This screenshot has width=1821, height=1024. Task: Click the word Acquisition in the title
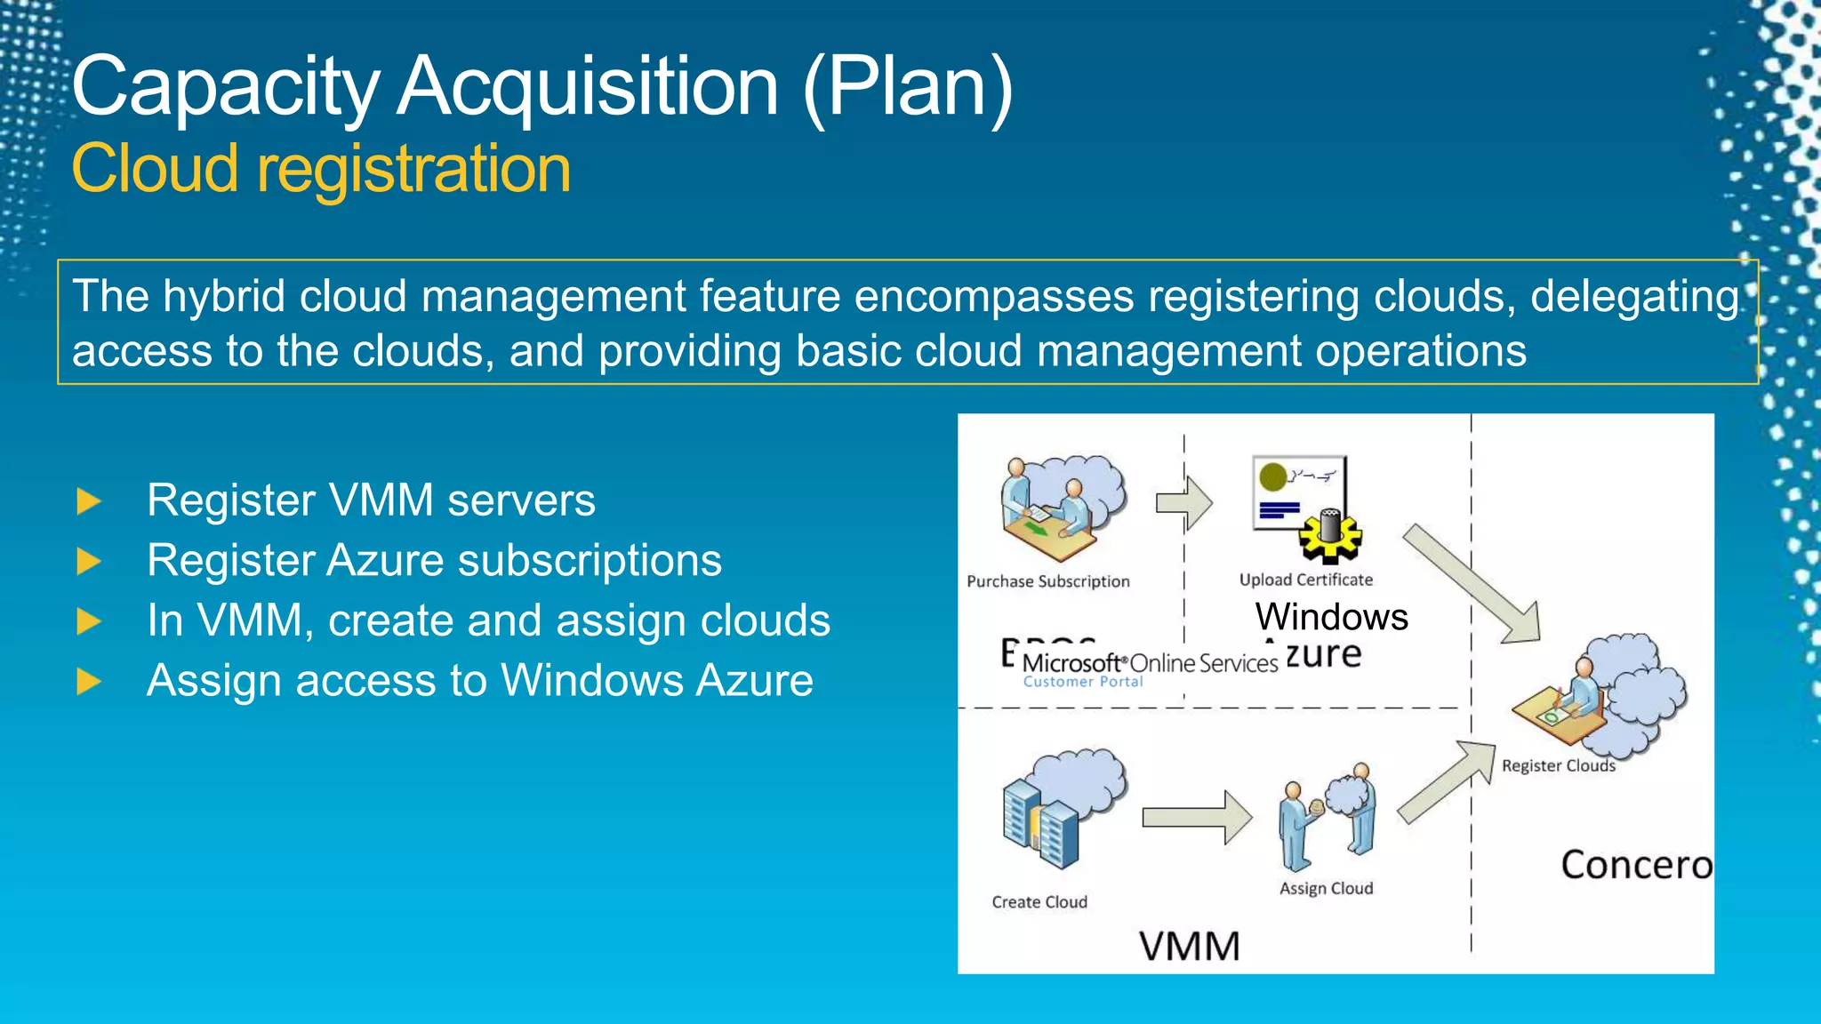tap(587, 86)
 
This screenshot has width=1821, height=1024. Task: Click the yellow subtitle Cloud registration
tap(321, 169)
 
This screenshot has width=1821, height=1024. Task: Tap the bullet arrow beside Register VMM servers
tap(89, 501)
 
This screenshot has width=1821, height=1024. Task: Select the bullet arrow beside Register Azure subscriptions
tap(89, 562)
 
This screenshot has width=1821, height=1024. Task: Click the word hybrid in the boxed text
tap(223, 296)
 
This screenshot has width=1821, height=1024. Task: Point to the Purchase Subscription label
tap(1047, 581)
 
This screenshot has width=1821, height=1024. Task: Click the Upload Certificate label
tap(1305, 580)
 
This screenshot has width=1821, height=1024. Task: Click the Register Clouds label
tap(1558, 765)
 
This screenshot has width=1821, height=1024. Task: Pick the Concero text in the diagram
tap(1635, 865)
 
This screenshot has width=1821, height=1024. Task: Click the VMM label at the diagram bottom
tap(1189, 946)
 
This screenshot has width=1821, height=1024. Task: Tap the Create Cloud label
tap(1039, 902)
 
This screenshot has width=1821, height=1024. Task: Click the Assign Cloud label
tap(1326, 888)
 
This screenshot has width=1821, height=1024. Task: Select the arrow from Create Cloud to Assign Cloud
tap(1196, 817)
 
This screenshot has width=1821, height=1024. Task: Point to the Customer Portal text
tap(1082, 682)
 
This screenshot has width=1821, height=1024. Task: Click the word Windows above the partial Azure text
tap(1331, 617)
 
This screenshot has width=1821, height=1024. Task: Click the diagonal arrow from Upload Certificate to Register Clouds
tap(1472, 583)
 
